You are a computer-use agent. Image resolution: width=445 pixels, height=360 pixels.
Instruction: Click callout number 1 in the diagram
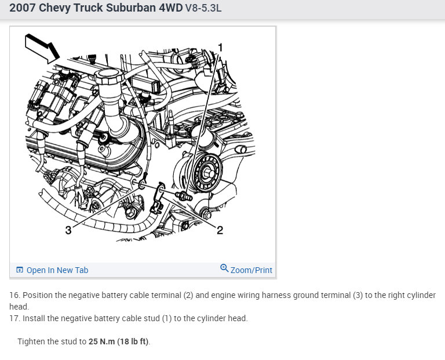tap(220, 48)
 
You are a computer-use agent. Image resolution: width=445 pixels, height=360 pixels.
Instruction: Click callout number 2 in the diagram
tap(220, 230)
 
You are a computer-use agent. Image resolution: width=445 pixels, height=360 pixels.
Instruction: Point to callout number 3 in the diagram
tap(68, 230)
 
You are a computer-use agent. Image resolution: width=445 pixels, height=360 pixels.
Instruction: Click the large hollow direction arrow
tap(42, 48)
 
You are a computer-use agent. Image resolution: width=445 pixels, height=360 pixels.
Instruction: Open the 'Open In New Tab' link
tap(57, 270)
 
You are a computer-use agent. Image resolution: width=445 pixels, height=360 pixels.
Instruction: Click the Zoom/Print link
tap(251, 270)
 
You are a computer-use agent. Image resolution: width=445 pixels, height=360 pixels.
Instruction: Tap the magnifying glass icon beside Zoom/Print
tap(224, 268)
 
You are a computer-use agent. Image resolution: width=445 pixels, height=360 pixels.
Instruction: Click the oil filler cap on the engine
tap(109, 76)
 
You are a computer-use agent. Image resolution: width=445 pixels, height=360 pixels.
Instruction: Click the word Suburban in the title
tap(130, 8)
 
